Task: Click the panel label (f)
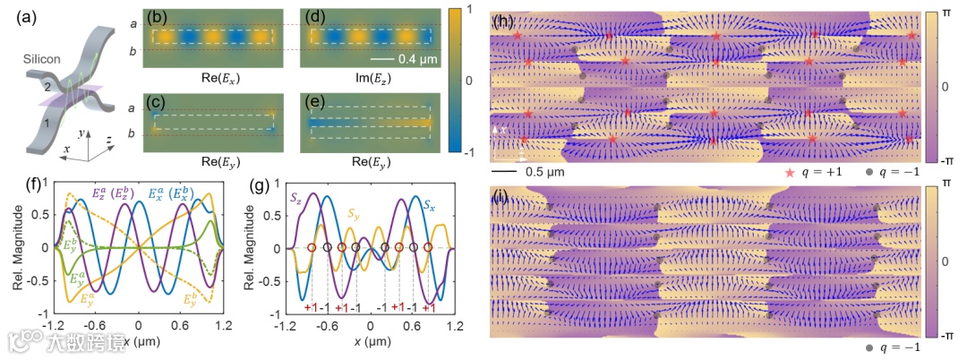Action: (12, 186)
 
